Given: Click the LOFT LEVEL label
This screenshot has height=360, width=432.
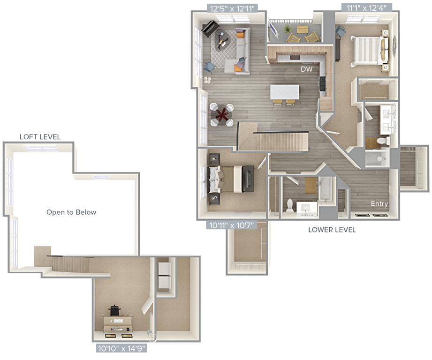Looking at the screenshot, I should coord(40,137).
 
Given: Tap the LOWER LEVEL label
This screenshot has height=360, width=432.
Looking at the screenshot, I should coord(332,230).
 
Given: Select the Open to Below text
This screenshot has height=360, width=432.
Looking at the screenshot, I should coord(71,212).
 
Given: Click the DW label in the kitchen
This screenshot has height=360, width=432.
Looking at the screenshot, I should coord(307,69).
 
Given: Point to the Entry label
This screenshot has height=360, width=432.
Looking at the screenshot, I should coord(379,203).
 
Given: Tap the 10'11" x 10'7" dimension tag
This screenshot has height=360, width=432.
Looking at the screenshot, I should coord(232,225).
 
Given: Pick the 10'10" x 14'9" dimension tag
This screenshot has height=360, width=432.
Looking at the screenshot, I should coord(122,348).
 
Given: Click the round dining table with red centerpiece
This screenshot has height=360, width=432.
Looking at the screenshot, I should coord(221,115).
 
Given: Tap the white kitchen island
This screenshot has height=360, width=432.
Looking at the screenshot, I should coord(285,91).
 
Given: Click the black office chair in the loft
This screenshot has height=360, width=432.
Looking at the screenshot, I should coord(114,311).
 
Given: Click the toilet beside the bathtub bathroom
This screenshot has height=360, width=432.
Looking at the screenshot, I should coord(290,205).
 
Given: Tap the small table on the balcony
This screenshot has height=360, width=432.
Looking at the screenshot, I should coord(302,30).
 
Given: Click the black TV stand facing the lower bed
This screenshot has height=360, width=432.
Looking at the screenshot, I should coord(248,179).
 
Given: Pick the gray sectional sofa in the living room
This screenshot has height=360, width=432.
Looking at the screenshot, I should coord(241,52).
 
